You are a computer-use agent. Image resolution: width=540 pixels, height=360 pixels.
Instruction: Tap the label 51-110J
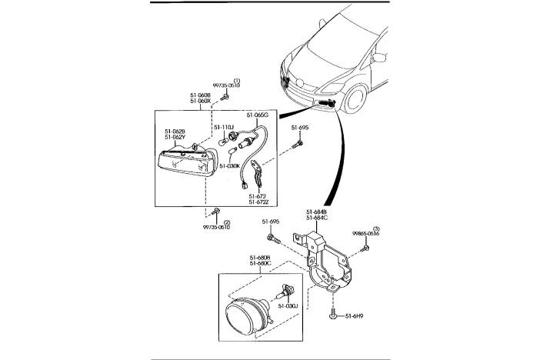(224, 127)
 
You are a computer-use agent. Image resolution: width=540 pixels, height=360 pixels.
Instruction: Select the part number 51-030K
(229, 165)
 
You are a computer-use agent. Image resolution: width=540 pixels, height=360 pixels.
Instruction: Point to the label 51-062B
(175, 131)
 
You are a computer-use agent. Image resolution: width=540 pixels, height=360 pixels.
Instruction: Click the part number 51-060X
(201, 102)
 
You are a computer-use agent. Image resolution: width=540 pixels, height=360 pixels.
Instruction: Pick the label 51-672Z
(257, 203)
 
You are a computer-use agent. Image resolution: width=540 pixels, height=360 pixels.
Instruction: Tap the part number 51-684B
(316, 212)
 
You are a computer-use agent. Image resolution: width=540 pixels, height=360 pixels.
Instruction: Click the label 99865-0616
(366, 233)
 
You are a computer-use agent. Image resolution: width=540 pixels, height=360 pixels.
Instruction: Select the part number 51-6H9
(354, 315)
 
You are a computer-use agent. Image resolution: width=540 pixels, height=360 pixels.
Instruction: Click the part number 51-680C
(260, 263)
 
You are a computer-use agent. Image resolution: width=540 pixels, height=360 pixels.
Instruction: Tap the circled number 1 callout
(237, 80)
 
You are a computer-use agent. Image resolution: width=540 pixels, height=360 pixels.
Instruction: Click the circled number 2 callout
(226, 222)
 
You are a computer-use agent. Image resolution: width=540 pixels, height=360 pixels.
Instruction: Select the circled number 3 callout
(376, 228)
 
